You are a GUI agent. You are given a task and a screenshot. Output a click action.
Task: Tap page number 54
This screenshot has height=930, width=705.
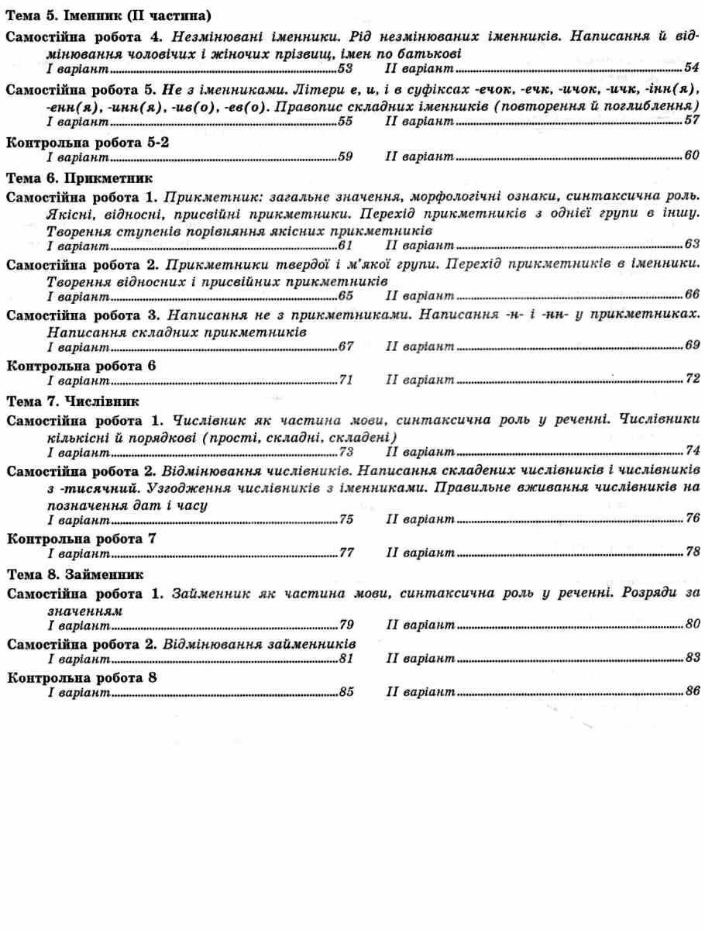click(692, 67)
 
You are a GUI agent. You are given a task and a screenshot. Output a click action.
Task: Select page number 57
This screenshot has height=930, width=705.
click(692, 122)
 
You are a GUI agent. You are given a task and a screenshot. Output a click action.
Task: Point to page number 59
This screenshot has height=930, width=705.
click(346, 157)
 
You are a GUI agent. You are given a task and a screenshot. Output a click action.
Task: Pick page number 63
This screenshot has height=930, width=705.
click(692, 245)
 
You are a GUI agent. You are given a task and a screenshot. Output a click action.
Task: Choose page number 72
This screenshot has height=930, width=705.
click(692, 380)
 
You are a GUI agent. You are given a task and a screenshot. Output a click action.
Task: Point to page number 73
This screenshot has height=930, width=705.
click(346, 452)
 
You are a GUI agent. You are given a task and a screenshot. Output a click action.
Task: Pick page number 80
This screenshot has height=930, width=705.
click(692, 624)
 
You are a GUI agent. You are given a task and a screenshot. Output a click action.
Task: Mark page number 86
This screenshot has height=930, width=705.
click(692, 692)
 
